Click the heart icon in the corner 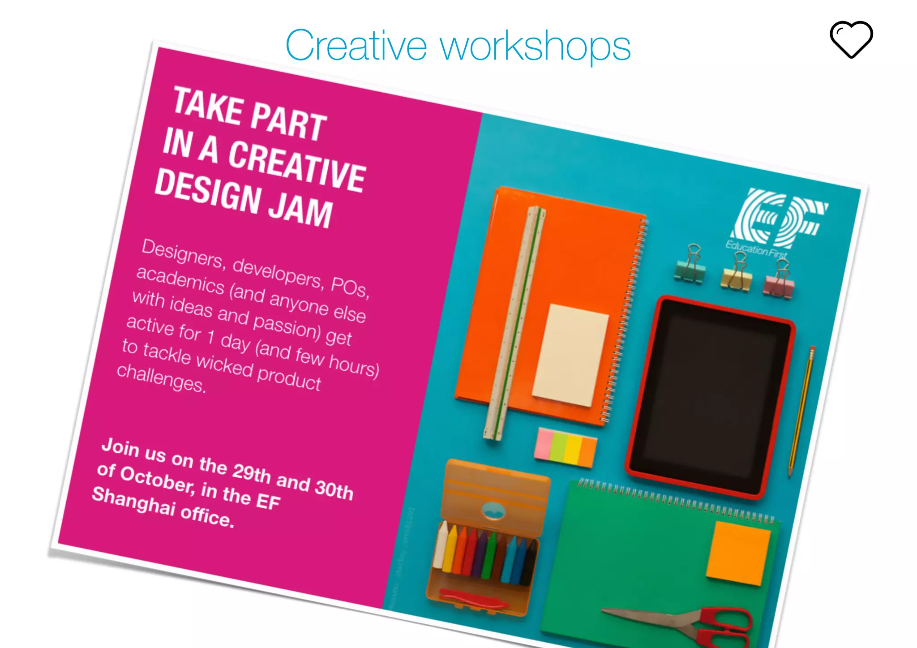tap(851, 39)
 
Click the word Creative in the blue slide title tap(356, 46)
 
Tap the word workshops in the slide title tap(536, 47)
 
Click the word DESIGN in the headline tap(208, 191)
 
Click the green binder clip tap(690, 265)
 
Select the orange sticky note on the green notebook tap(738, 554)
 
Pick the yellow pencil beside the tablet tap(801, 412)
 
